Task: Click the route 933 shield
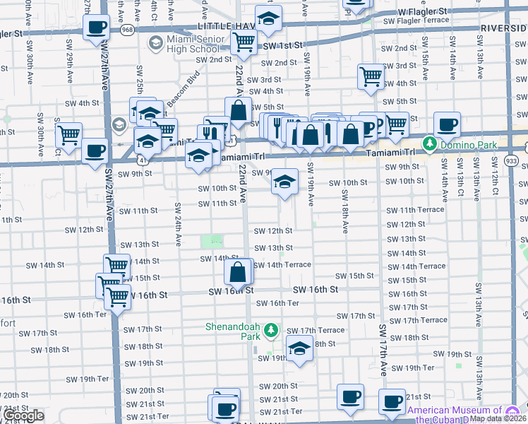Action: tap(511, 162)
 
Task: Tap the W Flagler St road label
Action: tap(422, 12)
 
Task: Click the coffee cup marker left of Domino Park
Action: tap(447, 126)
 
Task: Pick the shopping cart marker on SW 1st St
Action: tap(244, 43)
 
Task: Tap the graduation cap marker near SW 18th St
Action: tap(300, 348)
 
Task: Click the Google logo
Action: tap(23, 416)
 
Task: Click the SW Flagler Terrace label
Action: tap(416, 20)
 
